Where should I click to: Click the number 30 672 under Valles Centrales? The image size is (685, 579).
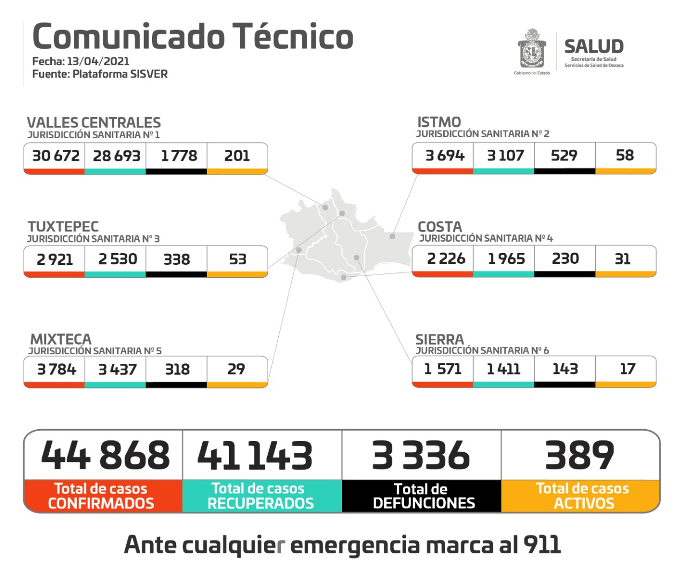[56, 156]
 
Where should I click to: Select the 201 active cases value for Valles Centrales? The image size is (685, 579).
[237, 156]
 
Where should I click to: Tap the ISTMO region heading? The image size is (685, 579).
[439, 122]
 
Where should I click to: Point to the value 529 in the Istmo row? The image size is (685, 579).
[564, 155]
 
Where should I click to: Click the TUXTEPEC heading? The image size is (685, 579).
[63, 226]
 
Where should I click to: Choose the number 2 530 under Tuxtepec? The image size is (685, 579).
[118, 259]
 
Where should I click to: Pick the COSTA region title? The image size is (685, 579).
[440, 226]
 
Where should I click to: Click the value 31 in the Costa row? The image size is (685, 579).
[622, 259]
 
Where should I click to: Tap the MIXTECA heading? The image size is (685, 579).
[61, 339]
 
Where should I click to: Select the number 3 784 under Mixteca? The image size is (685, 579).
[56, 369]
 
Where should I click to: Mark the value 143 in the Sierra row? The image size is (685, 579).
[565, 369]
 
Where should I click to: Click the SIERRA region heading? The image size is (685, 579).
[439, 339]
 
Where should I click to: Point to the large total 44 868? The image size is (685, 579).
[105, 455]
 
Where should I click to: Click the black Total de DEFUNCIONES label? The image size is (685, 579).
[423, 496]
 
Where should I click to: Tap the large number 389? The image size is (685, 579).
[580, 455]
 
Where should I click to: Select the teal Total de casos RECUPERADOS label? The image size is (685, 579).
[261, 496]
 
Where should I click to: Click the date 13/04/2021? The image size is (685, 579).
[98, 61]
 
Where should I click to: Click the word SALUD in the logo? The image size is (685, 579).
[593, 47]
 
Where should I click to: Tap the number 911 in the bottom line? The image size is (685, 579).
[542, 545]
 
